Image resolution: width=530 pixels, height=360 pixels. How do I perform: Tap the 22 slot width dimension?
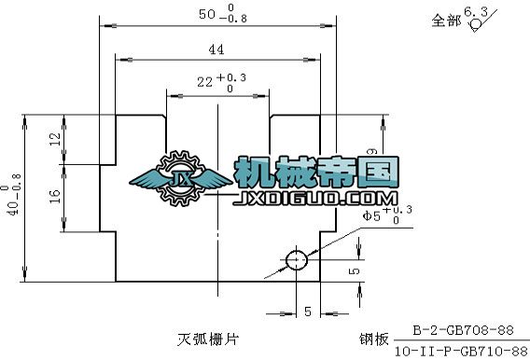(x=204, y=82)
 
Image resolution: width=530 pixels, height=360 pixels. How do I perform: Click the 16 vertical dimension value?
(x=53, y=195)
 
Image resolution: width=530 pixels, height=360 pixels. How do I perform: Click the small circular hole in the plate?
(x=297, y=258)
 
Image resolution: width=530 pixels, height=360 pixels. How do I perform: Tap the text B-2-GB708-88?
(x=464, y=330)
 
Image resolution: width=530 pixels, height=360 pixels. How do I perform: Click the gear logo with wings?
(x=180, y=178)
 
